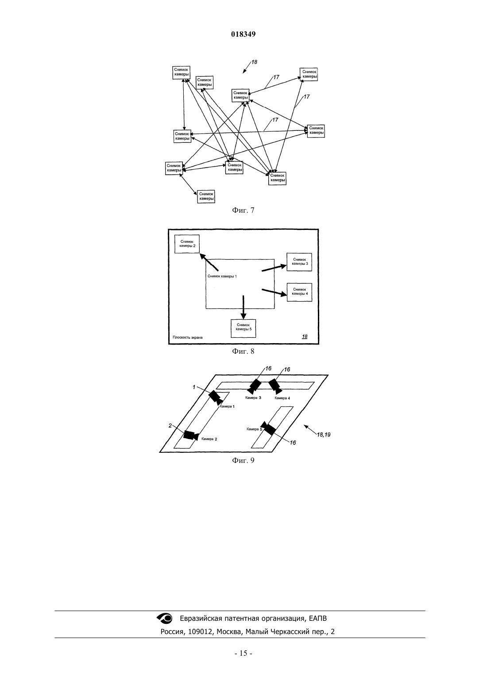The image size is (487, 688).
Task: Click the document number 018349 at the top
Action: click(243, 34)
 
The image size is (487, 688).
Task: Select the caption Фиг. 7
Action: click(243, 210)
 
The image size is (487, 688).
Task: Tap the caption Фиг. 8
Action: click(243, 351)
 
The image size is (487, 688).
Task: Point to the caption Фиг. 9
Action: click(243, 460)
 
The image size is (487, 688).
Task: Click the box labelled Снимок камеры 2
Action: click(187, 244)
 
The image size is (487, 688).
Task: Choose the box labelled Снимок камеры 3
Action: click(299, 262)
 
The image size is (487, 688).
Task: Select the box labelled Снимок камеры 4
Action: click(299, 292)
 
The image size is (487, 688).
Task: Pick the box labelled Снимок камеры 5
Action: click(243, 329)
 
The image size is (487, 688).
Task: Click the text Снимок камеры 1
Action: click(222, 276)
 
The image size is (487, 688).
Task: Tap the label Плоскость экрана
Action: click(188, 337)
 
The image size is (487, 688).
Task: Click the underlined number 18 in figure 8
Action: click(305, 336)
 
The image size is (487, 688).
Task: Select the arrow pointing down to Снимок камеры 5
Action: click(243, 307)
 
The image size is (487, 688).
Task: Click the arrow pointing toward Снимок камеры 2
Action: click(209, 262)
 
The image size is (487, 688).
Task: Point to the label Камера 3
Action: click(253, 398)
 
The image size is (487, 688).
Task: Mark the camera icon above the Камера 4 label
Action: click(275, 386)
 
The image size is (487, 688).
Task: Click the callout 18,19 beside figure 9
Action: click(324, 435)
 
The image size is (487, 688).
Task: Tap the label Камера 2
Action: click(209, 439)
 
